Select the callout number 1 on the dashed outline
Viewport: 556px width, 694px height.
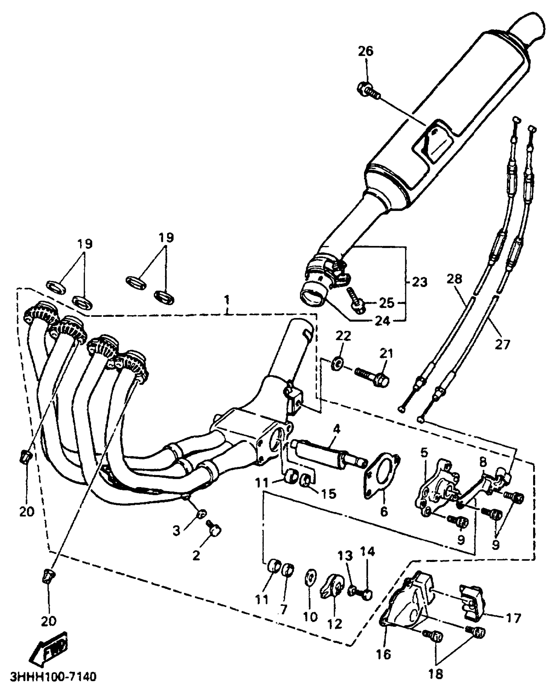pyautogui.click(x=227, y=299)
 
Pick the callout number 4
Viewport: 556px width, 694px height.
pyautogui.click(x=337, y=429)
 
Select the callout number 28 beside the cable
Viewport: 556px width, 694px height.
pyautogui.click(x=455, y=279)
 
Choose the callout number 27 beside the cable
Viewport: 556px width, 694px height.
pyautogui.click(x=502, y=344)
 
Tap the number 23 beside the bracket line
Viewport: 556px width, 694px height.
pyautogui.click(x=420, y=282)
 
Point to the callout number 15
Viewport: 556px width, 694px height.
pyautogui.click(x=329, y=494)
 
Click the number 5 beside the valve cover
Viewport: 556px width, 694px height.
pyautogui.click(x=425, y=452)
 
